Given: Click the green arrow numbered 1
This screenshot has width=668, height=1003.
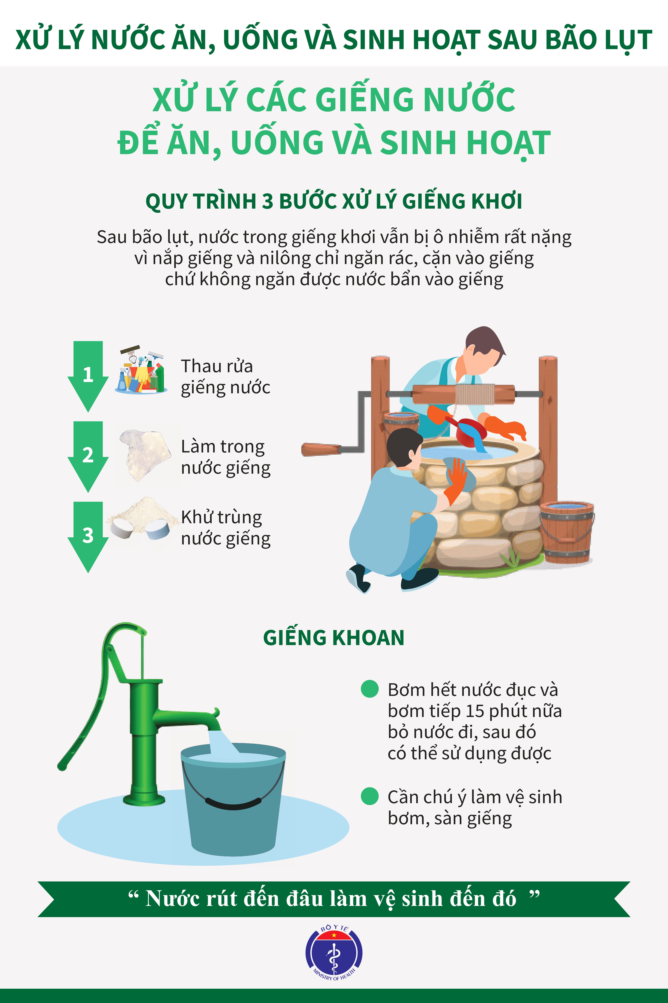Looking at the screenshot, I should click(88, 375).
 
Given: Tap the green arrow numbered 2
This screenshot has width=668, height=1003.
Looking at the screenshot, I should click(88, 455).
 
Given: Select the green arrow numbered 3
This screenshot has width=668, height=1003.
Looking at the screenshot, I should click(88, 536).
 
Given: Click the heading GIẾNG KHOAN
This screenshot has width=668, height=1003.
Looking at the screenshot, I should click(334, 638).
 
